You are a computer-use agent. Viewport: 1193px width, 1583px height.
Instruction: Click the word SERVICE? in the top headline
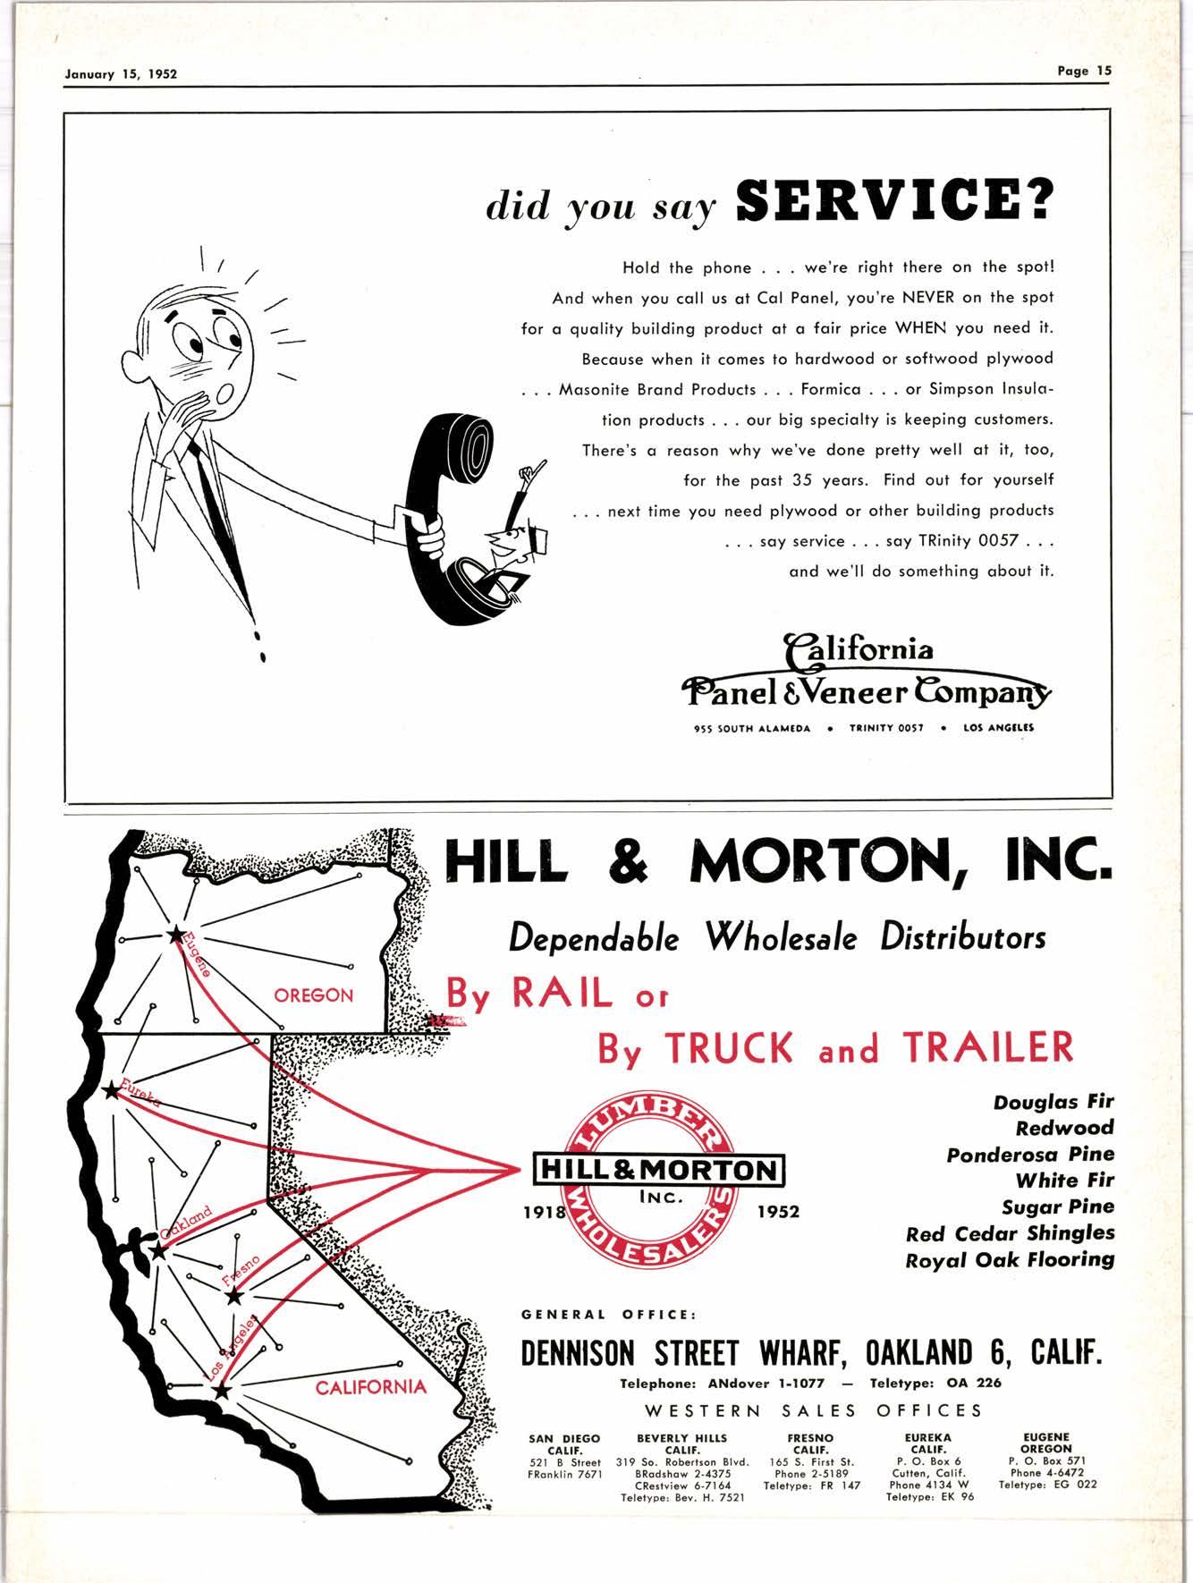pos(891,203)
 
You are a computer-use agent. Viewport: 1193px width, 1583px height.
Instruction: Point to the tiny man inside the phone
pos(514,537)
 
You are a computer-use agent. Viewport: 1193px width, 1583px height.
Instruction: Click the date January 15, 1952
pos(121,74)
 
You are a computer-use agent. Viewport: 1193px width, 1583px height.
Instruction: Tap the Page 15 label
pos(1083,72)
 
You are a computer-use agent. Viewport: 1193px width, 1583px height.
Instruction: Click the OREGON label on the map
pos(313,995)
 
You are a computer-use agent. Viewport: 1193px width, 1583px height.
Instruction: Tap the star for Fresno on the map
pos(234,1295)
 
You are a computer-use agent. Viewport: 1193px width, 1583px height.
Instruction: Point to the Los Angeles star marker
pos(222,1392)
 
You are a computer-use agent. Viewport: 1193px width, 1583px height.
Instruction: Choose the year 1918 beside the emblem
pos(544,1214)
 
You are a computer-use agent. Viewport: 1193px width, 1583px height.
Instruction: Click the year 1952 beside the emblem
pos(777,1214)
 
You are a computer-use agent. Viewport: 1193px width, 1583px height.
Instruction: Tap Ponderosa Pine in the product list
pos(1030,1155)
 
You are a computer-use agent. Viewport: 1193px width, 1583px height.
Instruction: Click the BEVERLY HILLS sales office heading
pos(681,1439)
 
